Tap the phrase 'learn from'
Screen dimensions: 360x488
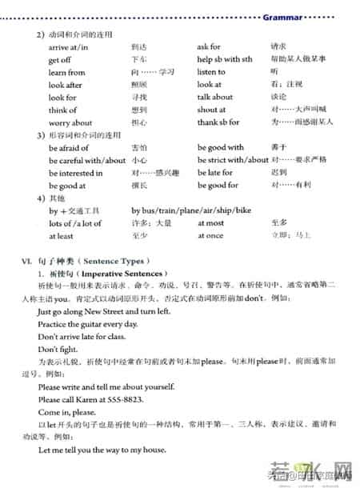[66, 72]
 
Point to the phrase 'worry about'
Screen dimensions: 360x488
[70, 123]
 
